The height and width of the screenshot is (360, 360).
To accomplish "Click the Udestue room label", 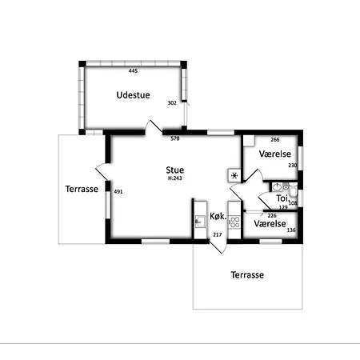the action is click(x=133, y=95).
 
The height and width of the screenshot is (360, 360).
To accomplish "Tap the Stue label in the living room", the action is click(x=175, y=170).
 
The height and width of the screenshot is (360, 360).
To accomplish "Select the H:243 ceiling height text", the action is click(x=175, y=178).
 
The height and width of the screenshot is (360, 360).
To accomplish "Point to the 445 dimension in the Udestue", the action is click(x=133, y=70).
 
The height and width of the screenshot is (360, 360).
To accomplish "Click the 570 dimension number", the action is click(x=175, y=138).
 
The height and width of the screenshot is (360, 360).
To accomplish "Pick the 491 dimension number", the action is click(x=118, y=191).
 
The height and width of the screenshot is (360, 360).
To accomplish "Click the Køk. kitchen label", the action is click(x=218, y=216).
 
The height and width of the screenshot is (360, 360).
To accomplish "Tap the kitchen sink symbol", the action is click(x=200, y=222).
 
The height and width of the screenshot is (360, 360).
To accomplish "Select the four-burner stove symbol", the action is click(x=234, y=222).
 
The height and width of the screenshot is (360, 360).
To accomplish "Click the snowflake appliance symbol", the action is click(x=234, y=176).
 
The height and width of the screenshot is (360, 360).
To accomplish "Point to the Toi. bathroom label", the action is click(x=282, y=198).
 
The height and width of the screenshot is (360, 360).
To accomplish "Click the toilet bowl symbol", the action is click(x=293, y=189).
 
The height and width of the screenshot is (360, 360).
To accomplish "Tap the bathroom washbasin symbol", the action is click(x=278, y=187).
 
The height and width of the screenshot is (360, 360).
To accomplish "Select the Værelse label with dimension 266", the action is click(x=275, y=154).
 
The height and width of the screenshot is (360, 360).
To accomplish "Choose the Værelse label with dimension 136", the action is click(x=270, y=223).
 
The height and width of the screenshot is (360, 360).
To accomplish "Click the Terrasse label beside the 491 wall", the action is click(x=82, y=189).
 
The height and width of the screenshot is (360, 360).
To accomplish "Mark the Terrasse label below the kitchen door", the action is click(x=247, y=275).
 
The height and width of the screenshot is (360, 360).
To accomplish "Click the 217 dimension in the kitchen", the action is click(x=218, y=234).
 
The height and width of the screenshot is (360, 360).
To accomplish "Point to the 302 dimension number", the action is click(x=172, y=103).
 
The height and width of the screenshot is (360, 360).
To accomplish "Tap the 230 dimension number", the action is click(x=293, y=166).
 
